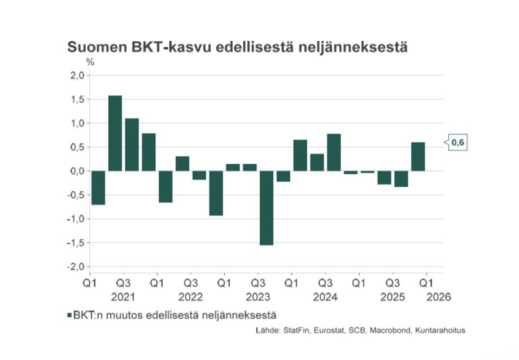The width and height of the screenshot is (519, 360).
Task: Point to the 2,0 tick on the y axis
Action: tap(77, 76)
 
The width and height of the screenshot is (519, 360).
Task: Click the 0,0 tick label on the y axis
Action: tap(77, 171)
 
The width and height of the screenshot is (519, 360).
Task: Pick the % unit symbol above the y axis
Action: tap(90, 62)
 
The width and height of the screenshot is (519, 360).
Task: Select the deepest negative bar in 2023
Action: tap(266, 208)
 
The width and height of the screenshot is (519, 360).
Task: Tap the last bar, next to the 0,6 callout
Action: tap(417, 156)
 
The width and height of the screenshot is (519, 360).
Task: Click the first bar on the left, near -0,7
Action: tap(98, 187)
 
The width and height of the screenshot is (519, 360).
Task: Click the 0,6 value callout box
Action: tap(458, 144)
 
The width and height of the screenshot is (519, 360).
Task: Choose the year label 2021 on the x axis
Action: tap(123, 297)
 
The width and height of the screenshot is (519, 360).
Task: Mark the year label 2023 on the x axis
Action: tap(258, 297)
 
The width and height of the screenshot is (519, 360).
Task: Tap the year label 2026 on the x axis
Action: tap(440, 297)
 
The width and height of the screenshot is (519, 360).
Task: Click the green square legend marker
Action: tap(69, 315)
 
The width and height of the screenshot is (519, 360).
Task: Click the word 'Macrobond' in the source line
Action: tap(387, 331)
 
